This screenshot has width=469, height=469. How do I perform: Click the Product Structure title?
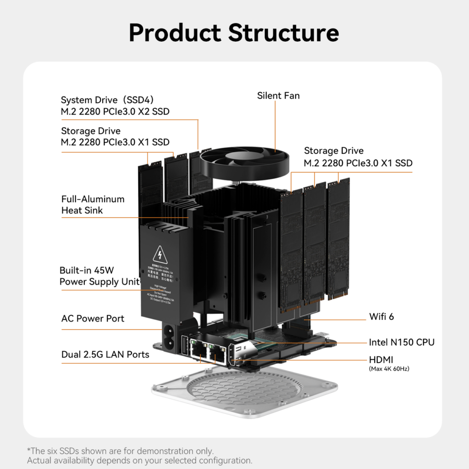(x=234, y=32)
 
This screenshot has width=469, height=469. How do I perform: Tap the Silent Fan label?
(x=278, y=96)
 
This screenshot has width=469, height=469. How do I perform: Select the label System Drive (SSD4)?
(x=107, y=100)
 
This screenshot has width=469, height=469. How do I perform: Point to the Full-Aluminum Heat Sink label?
(x=93, y=205)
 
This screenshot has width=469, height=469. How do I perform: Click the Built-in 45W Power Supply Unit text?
(x=99, y=276)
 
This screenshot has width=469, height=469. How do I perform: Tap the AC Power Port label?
(x=93, y=318)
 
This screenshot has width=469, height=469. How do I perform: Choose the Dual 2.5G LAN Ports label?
(x=105, y=355)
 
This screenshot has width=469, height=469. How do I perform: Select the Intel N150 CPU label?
(x=401, y=342)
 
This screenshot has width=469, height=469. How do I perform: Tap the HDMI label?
(x=381, y=360)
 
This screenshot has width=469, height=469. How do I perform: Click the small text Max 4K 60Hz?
(x=389, y=369)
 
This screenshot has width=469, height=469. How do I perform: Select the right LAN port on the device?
(x=217, y=354)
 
